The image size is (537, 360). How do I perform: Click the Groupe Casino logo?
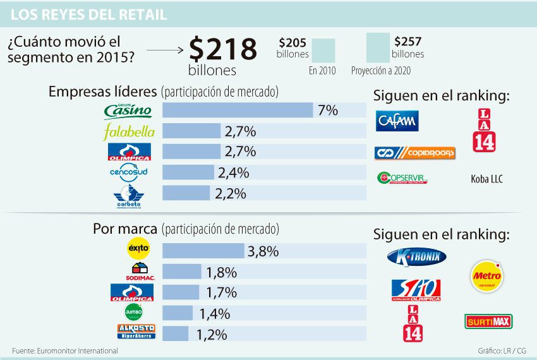[x=128, y=111]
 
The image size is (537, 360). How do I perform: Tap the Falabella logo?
[x=128, y=132]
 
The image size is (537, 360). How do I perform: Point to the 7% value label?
[x=328, y=111]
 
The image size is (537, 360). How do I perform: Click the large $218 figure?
[x=224, y=49]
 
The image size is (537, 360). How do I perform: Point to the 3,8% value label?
[x=263, y=251]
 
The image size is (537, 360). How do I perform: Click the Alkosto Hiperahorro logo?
[x=136, y=332]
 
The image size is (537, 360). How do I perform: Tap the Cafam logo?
[x=397, y=120]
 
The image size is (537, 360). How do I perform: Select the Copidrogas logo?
[x=414, y=153]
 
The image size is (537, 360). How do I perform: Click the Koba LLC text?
[x=486, y=179]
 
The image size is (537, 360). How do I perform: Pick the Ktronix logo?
[x=416, y=256]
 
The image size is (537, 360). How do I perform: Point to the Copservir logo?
[x=402, y=179]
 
